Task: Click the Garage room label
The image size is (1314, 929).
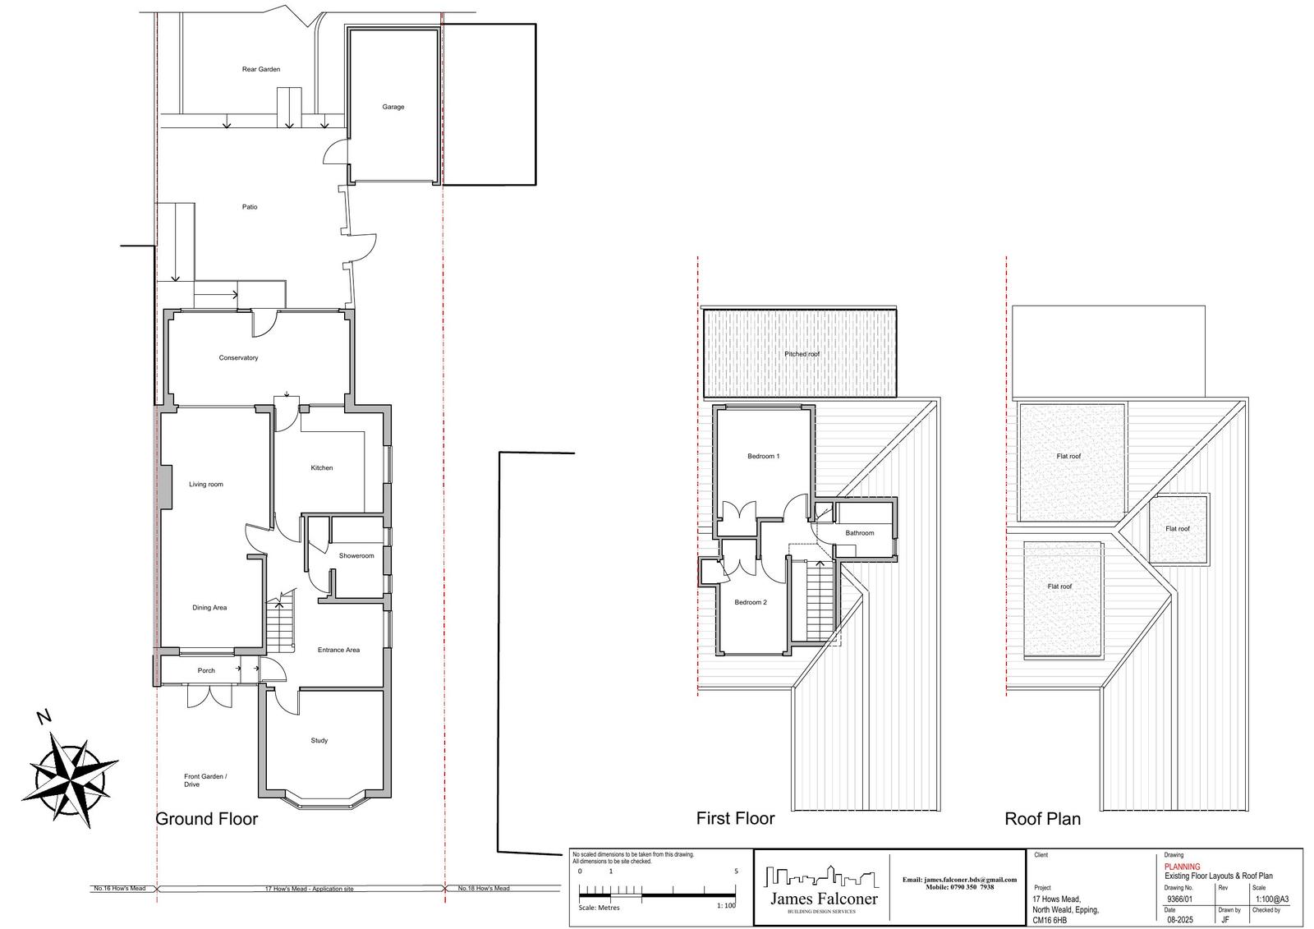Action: [x=393, y=107]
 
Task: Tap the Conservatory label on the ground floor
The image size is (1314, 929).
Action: [x=238, y=357]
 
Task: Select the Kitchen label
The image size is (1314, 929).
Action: [x=321, y=467]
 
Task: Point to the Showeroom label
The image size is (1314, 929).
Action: [x=356, y=556]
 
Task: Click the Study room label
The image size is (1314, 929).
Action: [x=319, y=741]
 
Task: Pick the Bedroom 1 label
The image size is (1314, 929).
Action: [x=763, y=456]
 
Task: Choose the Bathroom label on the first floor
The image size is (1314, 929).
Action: [x=859, y=533]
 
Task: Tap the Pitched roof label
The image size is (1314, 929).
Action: [x=802, y=354]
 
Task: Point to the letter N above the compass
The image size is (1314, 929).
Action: [x=44, y=717]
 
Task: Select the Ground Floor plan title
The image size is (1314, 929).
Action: [x=206, y=819]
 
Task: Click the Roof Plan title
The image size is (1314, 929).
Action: [x=1042, y=819]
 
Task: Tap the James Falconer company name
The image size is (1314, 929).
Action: [x=824, y=899]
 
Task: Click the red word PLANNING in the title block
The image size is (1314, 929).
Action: [x=1182, y=867]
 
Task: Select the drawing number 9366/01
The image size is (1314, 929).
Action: [x=1179, y=899]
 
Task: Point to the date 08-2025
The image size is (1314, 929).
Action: [x=1179, y=920]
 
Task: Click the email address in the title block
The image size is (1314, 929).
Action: [x=960, y=880]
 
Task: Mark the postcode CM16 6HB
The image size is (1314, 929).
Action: [x=1050, y=920]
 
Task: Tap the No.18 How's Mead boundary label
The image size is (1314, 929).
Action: [x=484, y=888]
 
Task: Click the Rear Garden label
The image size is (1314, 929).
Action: [x=261, y=69]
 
